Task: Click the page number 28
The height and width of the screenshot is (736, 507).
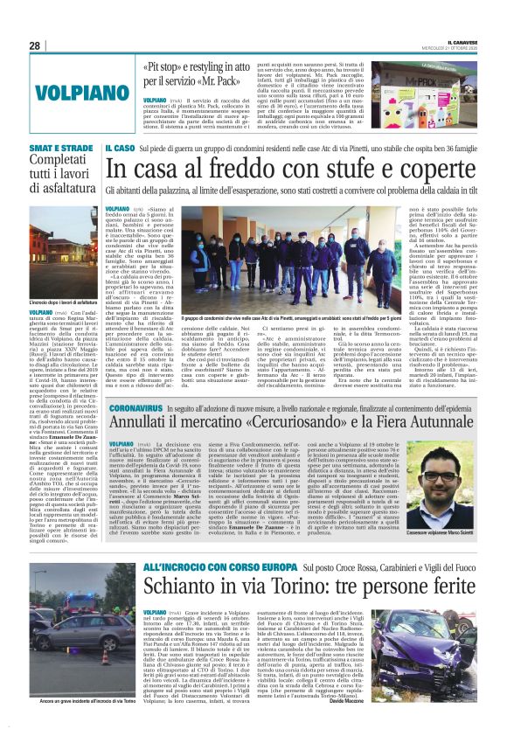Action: [35, 45]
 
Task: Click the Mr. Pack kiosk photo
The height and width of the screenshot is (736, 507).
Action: [433, 93]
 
